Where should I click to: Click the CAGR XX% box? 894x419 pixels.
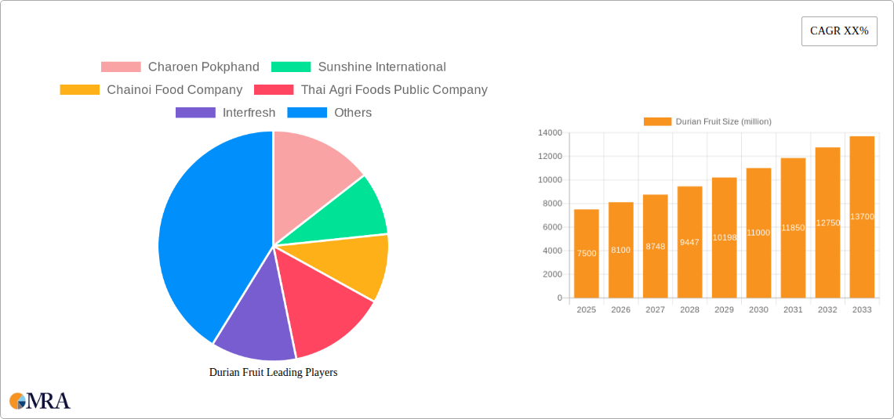pos(839,31)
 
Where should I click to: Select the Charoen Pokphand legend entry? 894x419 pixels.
pos(180,67)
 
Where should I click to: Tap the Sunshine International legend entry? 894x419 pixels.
pos(358,67)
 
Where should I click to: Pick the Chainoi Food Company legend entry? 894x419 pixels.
pos(151,90)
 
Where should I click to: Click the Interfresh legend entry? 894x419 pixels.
pos(226,113)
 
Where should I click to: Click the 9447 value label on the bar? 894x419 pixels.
pos(689,242)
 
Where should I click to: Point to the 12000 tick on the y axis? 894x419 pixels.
pos(549,157)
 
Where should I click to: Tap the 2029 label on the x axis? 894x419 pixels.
pos(724,310)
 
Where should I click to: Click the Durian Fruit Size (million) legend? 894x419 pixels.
pos(707,121)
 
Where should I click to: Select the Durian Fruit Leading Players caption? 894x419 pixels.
pos(273,373)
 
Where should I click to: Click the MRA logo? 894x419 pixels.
pos(40,401)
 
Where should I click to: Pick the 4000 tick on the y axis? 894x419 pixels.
pos(551,251)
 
